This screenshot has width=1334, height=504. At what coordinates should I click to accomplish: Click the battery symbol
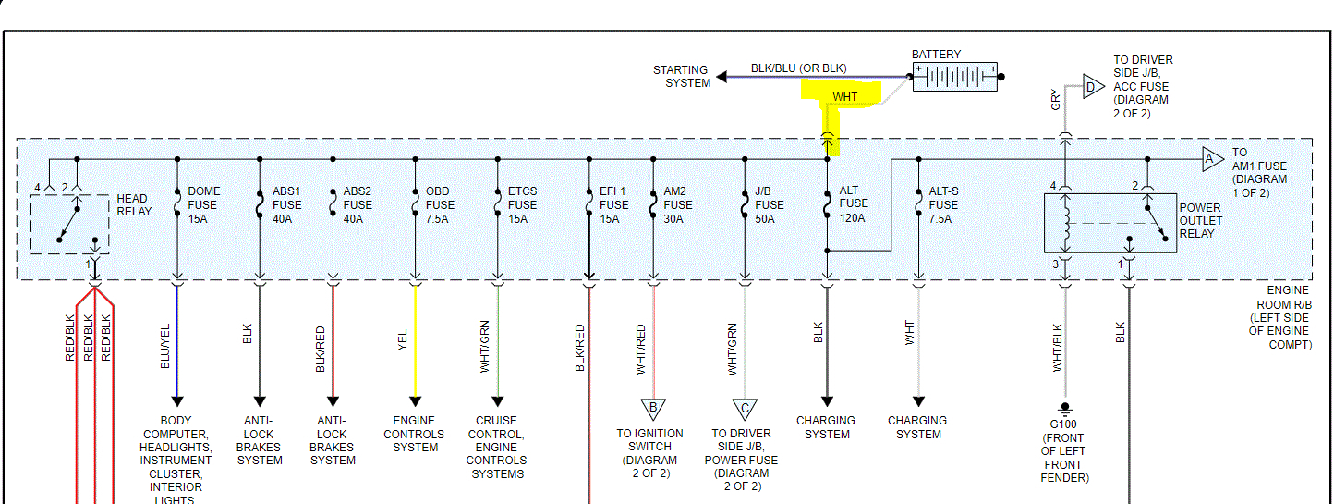(x=955, y=76)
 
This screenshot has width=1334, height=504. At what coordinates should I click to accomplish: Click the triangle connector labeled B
(x=653, y=408)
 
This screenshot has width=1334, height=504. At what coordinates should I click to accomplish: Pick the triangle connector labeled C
(x=745, y=408)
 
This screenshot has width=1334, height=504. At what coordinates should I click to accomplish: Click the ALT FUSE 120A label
(x=852, y=204)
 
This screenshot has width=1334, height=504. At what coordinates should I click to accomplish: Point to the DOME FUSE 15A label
(x=204, y=204)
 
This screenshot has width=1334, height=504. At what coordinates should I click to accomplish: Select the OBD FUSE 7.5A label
(x=440, y=204)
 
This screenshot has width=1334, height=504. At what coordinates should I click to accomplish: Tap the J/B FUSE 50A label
(x=769, y=204)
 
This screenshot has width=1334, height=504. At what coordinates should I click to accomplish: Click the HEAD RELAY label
(x=133, y=204)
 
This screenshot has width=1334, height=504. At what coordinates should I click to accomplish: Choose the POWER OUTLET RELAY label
(x=1201, y=220)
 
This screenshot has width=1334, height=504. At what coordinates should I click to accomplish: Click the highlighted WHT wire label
(x=844, y=97)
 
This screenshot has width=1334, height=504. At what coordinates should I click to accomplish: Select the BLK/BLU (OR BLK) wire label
(x=798, y=68)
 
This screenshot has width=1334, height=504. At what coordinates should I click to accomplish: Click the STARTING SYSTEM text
(x=681, y=76)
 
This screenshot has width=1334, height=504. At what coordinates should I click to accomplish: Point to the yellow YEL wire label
(x=402, y=340)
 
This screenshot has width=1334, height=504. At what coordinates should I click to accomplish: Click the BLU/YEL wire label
(x=165, y=348)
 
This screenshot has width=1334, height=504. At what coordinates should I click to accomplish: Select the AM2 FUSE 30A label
(x=678, y=204)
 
